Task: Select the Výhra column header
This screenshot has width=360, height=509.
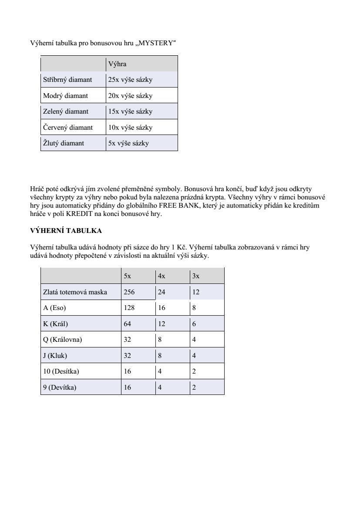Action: [x=117, y=64]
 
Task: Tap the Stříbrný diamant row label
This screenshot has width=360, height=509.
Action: [x=67, y=80]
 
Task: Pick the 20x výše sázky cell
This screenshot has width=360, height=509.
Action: [x=130, y=96]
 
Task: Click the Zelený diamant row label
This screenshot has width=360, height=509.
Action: [x=66, y=111]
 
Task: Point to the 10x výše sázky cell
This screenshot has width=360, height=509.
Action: [x=130, y=128]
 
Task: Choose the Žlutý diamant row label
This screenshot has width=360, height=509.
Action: [x=64, y=143]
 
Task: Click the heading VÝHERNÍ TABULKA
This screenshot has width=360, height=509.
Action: [x=66, y=230]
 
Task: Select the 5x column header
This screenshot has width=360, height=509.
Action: [x=127, y=276]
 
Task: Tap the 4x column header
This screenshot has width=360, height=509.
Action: [x=161, y=276]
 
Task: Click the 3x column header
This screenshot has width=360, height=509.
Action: [x=195, y=276]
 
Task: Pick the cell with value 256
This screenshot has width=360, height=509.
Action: [x=129, y=292]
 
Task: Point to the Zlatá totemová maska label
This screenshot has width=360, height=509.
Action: [x=75, y=292]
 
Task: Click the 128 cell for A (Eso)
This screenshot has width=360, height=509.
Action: [x=129, y=308]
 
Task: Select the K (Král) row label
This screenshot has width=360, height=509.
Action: [x=56, y=324]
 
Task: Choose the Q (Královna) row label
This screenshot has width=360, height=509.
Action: [x=62, y=340]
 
